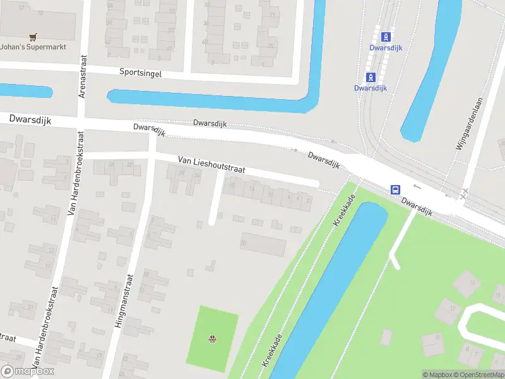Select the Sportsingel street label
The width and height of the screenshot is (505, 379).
point(140,73)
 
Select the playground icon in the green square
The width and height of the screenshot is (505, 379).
point(213,340)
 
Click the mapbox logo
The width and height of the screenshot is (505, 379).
point(28,371)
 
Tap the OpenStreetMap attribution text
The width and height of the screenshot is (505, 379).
point(478,375)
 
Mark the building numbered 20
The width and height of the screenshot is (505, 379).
point(263,244)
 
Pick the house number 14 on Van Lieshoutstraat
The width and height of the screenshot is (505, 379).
point(251,188)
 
